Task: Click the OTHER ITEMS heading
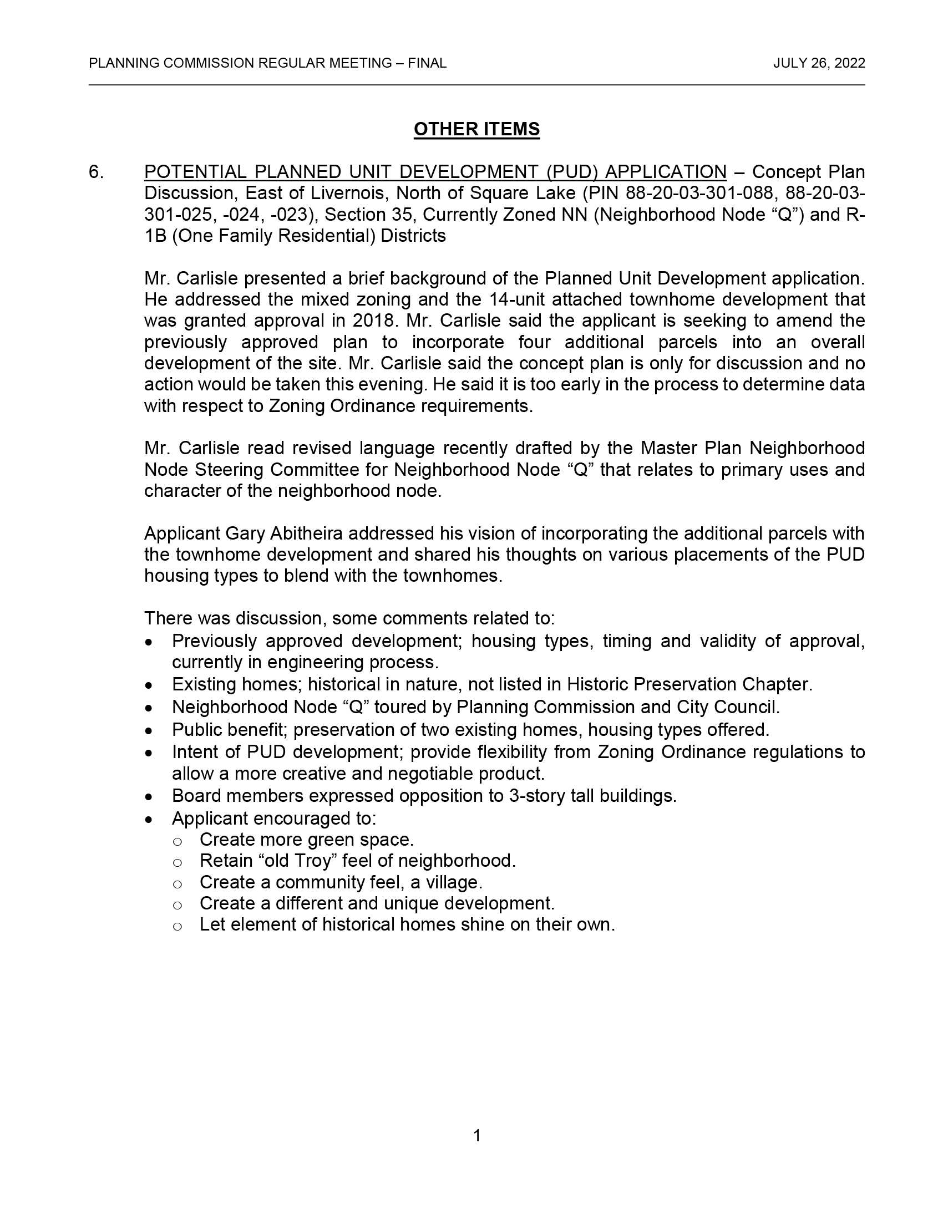[476, 129]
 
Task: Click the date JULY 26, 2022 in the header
[819, 63]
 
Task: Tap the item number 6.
[95, 172]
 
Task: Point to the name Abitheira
[306, 533]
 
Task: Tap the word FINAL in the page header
[427, 63]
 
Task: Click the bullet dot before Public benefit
[149, 731]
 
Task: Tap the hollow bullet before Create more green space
[177, 841]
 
